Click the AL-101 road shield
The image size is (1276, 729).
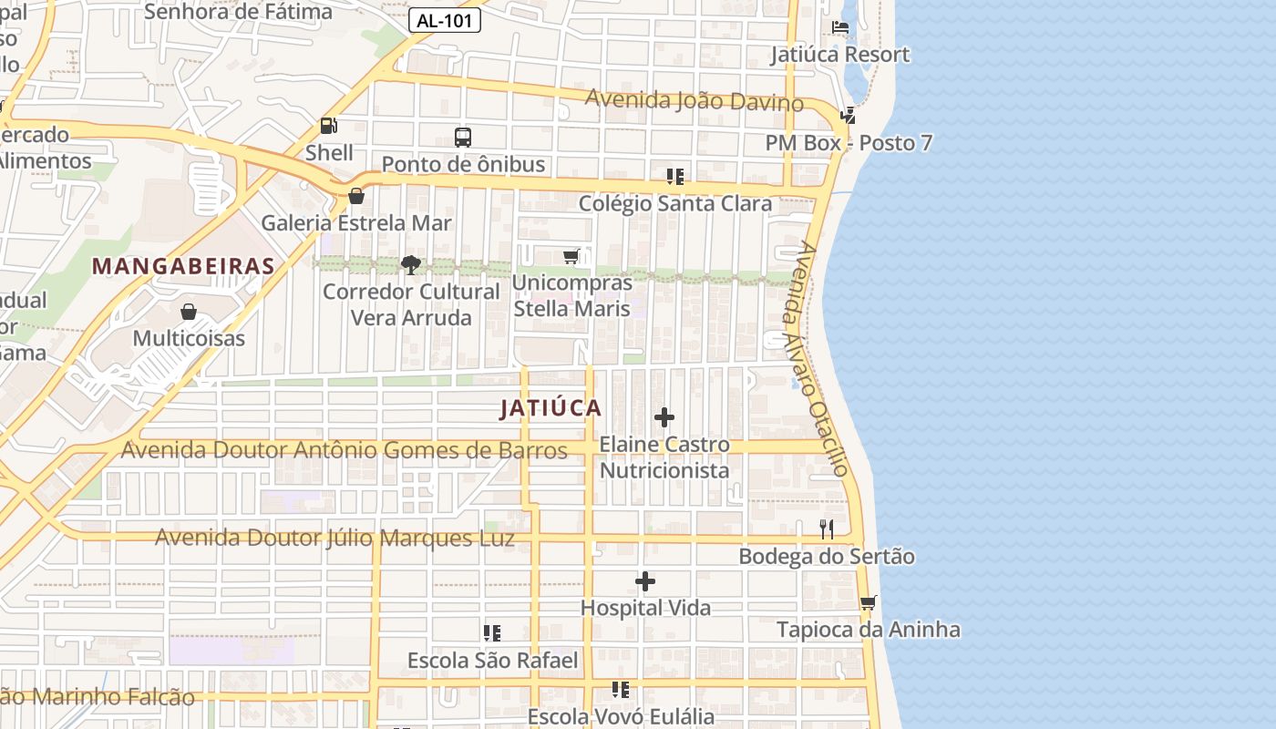444,20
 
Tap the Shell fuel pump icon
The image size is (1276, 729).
328,126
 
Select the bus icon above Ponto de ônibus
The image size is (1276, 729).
463,138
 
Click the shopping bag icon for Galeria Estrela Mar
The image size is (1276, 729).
356,196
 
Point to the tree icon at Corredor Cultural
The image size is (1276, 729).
411,265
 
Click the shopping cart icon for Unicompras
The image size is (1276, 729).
571,257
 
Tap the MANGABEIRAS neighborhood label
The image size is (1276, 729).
183,266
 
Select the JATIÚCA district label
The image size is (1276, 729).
551,408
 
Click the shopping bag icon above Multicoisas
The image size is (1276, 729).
189,312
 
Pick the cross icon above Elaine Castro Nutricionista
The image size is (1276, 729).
664,417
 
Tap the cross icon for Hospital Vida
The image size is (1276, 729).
645,581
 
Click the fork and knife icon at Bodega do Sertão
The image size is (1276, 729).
827,529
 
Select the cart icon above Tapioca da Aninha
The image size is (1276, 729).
869,602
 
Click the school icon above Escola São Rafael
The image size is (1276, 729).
492,632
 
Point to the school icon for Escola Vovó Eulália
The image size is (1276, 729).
621,689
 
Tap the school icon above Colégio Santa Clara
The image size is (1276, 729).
675,176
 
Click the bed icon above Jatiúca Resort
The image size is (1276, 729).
840,27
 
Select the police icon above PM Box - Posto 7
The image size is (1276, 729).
849,116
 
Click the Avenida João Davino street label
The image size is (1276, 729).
694,99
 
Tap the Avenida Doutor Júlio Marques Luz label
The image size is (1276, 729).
334,538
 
